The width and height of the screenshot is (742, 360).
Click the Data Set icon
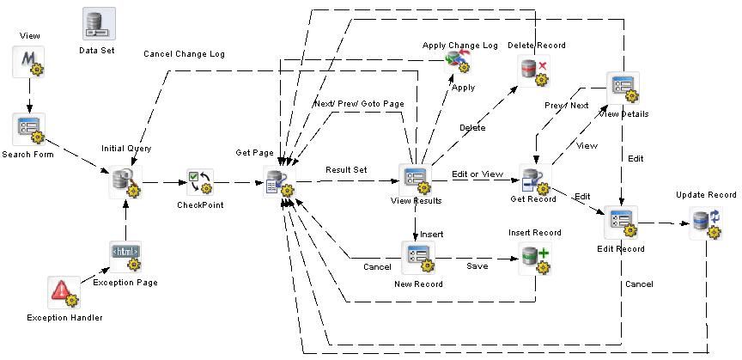(99, 24)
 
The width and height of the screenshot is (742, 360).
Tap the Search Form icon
(29, 128)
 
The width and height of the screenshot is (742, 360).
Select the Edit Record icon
(620, 223)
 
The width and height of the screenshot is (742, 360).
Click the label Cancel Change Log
(184, 54)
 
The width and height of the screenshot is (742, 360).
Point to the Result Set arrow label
(346, 170)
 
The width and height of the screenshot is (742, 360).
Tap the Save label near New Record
(477, 267)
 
